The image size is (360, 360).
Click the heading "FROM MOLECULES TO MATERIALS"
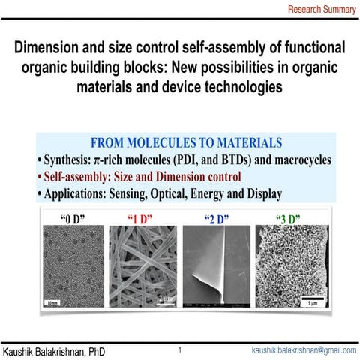pyautogui.click(x=186, y=142)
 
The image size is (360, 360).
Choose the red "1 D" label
pyautogui.click(x=141, y=219)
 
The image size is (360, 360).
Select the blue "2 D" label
pyautogui.click(x=216, y=219)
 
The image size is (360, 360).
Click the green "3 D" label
pyautogui.click(x=288, y=219)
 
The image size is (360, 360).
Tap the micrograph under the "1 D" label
pyautogui.click(x=142, y=266)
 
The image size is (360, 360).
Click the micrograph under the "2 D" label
pyautogui.click(x=216, y=266)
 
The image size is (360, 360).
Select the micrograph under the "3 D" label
pyautogui.click(x=288, y=266)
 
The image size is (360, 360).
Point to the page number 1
pyautogui.click(x=180, y=349)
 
